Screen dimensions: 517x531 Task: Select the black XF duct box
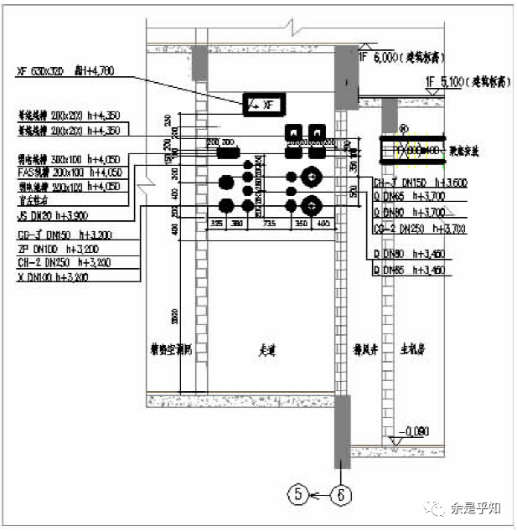click(x=264, y=104)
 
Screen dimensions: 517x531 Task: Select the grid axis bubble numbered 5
click(x=300, y=494)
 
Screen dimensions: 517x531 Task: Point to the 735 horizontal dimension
click(x=269, y=224)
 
